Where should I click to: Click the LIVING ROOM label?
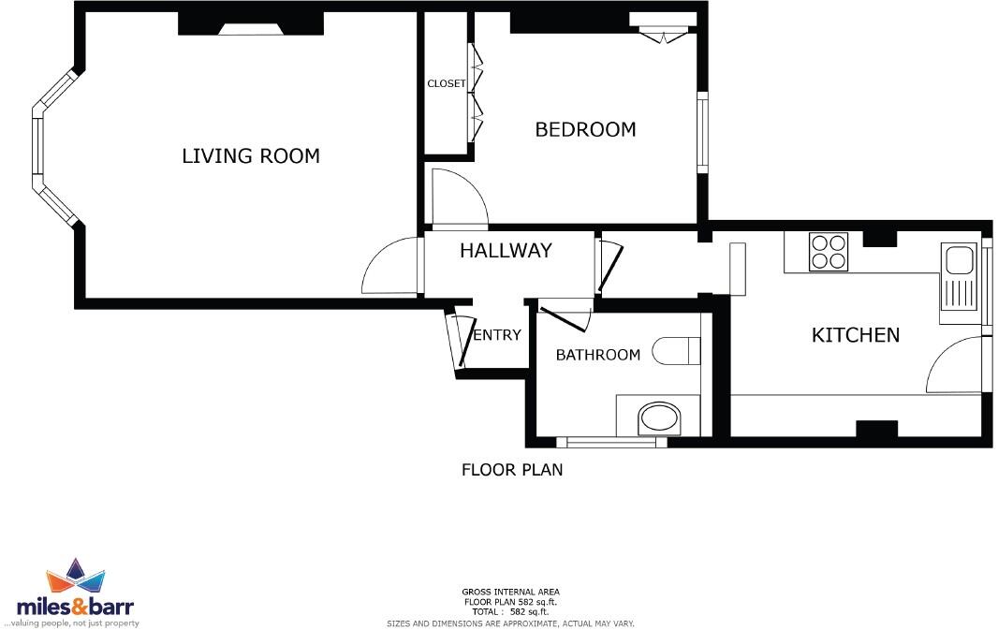[x=250, y=156]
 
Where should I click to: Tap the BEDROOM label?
[x=585, y=130]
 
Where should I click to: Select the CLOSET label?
[x=446, y=83]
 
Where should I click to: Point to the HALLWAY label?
[x=506, y=251]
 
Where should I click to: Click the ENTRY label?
[x=496, y=335]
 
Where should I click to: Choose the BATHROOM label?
[x=597, y=355]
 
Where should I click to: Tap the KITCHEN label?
[x=855, y=335]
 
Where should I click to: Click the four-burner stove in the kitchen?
[x=828, y=252]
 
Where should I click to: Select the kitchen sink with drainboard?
[x=959, y=280]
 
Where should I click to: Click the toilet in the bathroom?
[x=677, y=351]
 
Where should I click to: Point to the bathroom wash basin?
[x=660, y=419]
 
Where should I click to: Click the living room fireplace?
[x=249, y=29]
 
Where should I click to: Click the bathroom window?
[x=611, y=442]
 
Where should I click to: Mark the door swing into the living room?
[x=389, y=269]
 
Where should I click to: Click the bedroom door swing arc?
[x=457, y=198]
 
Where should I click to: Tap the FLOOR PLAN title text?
[x=512, y=470]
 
